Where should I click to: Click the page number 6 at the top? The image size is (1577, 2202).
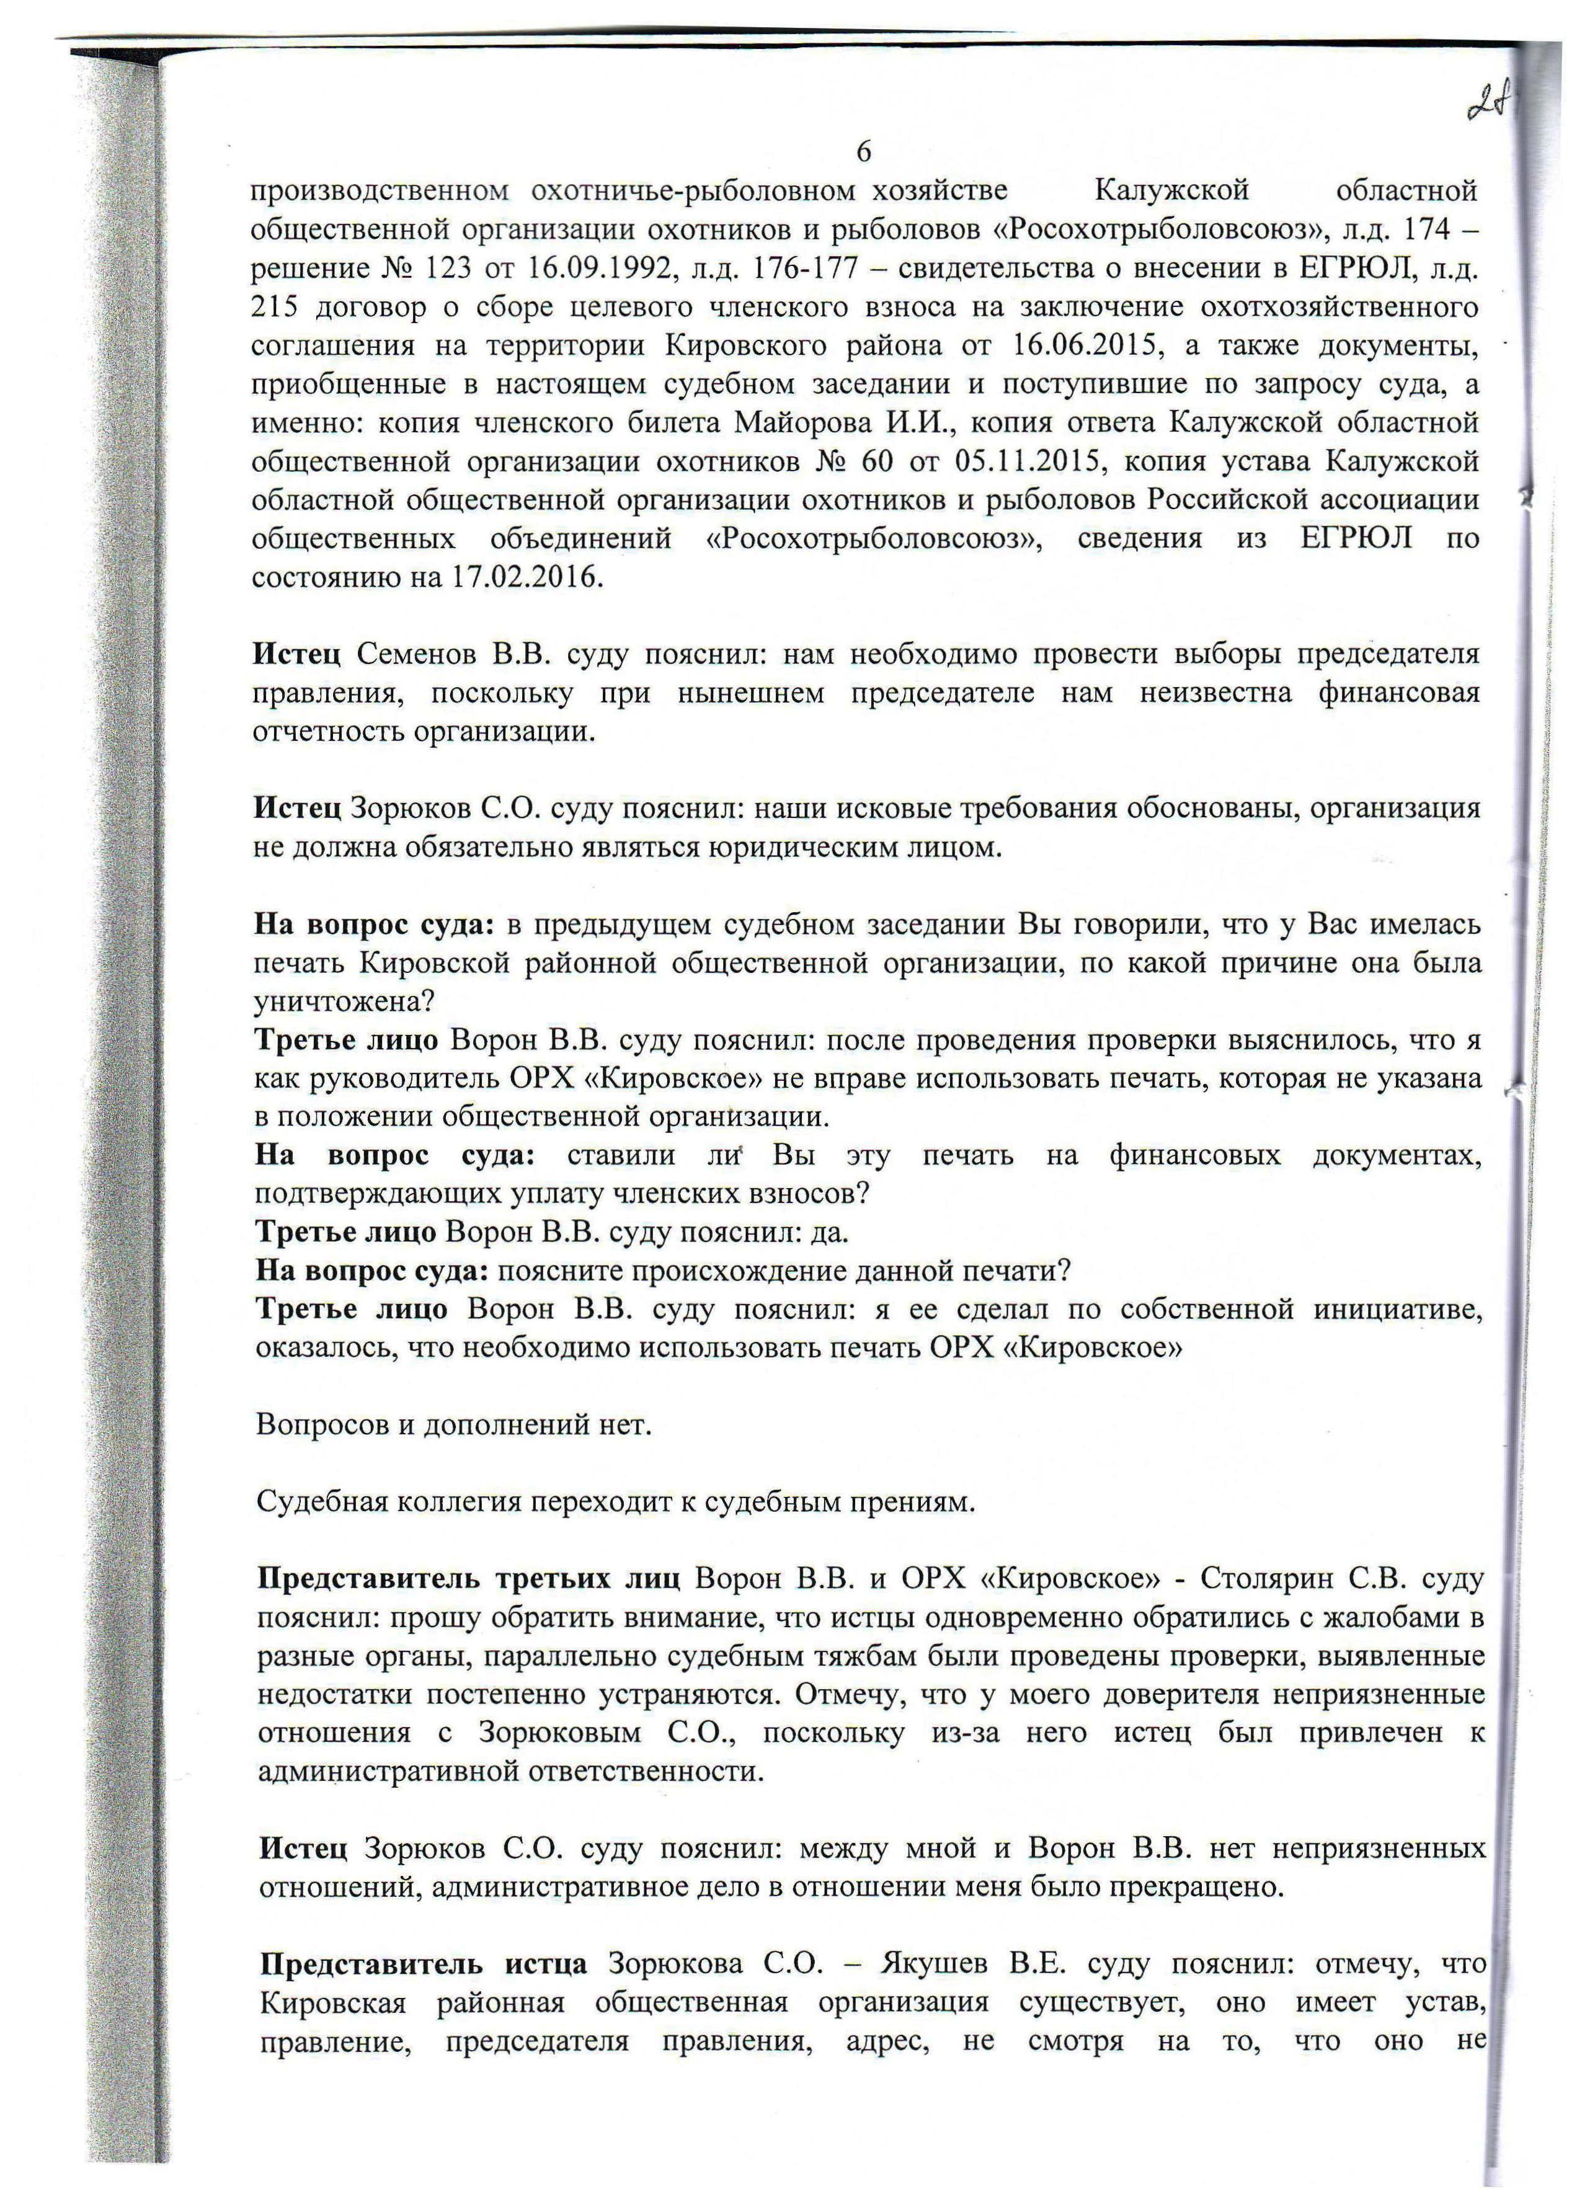point(863,153)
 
